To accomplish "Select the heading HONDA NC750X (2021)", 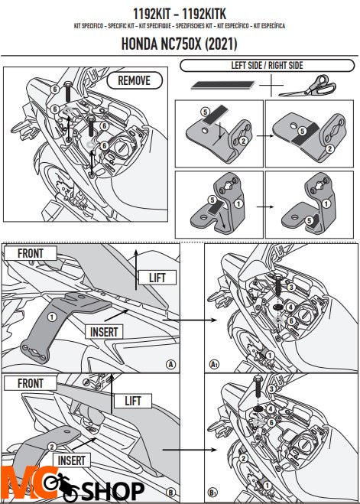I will [179, 44].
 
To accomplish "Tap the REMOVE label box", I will [134, 80].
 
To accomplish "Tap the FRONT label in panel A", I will [29, 253].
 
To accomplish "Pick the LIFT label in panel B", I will [126, 400].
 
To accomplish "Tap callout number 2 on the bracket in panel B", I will [52, 446].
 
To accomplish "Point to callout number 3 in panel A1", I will [290, 286].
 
